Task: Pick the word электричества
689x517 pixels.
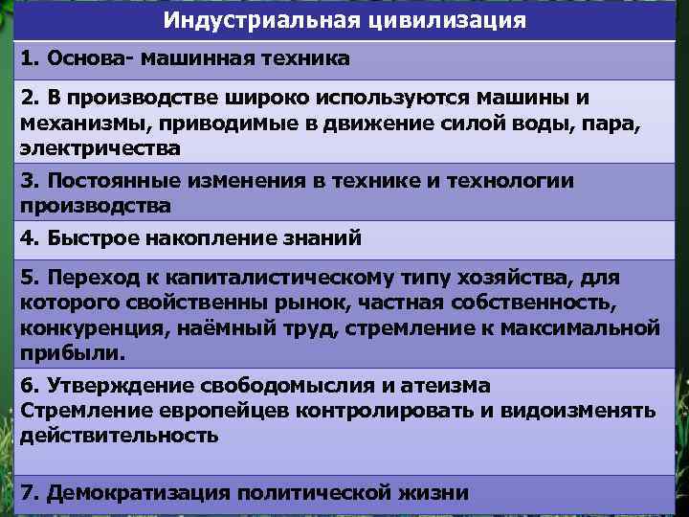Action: (x=100, y=149)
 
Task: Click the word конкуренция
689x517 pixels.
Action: (x=88, y=328)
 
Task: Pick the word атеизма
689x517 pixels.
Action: (x=444, y=386)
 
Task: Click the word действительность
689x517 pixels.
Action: (x=119, y=436)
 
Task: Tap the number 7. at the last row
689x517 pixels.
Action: (x=29, y=493)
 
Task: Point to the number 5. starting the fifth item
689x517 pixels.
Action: (x=29, y=279)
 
